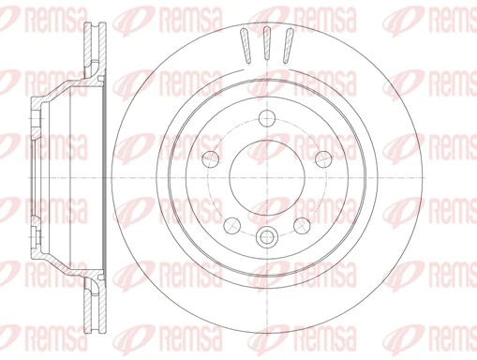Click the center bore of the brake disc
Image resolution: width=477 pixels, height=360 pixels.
click(x=267, y=177)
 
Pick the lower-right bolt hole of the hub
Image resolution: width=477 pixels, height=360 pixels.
click(x=302, y=225)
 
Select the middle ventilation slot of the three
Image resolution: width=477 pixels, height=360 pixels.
click(x=267, y=43)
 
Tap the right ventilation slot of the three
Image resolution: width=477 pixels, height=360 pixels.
click(x=286, y=45)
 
